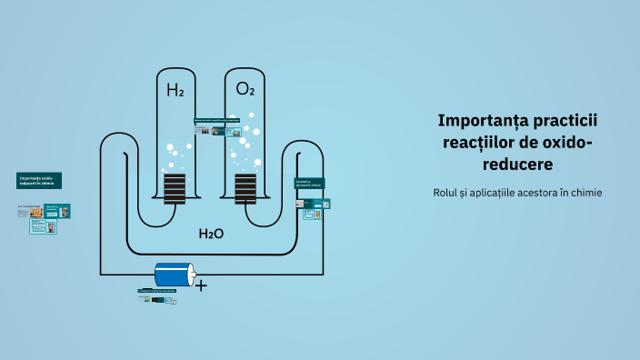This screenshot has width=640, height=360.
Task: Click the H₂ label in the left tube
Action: point(175,90)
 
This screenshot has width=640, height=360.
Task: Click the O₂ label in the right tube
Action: point(245,89)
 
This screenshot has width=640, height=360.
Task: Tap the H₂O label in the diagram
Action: point(211,234)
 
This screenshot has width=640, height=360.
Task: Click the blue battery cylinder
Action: point(172,275)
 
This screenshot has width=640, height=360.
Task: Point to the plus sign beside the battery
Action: point(202,285)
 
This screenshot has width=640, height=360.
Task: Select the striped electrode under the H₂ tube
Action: point(175,188)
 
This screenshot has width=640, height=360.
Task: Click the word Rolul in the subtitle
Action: point(450,193)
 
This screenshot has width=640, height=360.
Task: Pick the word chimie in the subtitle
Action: point(585,193)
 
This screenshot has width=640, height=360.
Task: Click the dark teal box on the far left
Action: point(39,180)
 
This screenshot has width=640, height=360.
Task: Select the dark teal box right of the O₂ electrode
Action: point(309,184)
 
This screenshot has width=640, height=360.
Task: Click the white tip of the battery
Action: point(193,275)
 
